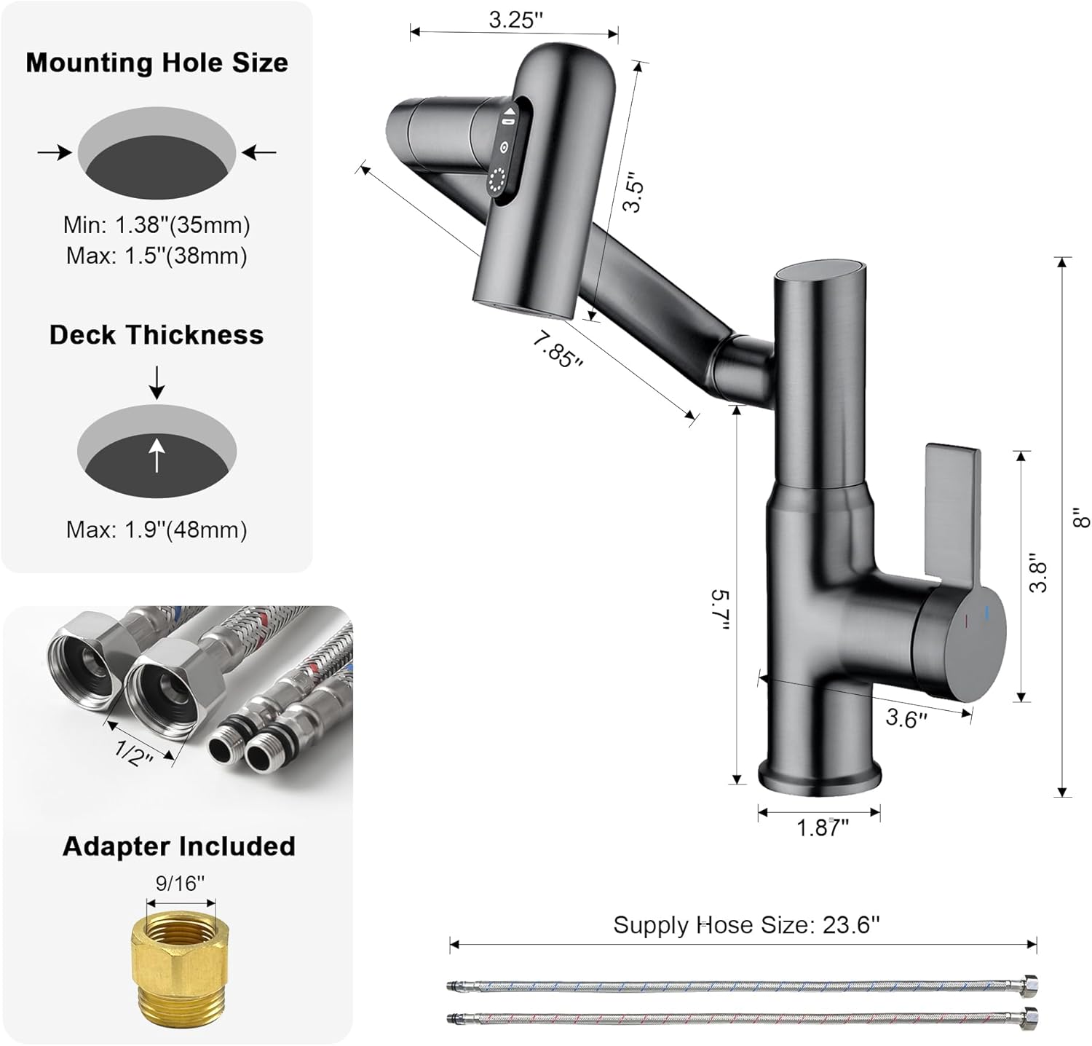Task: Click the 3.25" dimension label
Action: pyautogui.click(x=515, y=20)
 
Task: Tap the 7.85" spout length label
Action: pyautogui.click(x=558, y=349)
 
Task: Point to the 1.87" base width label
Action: pyautogui.click(x=823, y=828)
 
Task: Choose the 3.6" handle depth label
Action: pyautogui.click(x=906, y=718)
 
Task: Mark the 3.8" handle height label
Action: pyautogui.click(x=1038, y=576)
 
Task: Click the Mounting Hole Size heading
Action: pyautogui.click(x=157, y=63)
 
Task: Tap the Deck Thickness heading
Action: pyautogui.click(x=157, y=334)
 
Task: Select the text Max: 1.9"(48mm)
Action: pyautogui.click(x=157, y=530)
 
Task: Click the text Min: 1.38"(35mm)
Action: pyautogui.click(x=157, y=225)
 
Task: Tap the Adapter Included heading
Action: pyautogui.click(x=178, y=846)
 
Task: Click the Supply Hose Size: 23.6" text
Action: pyautogui.click(x=746, y=925)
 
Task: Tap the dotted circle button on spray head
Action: pyautogui.click(x=498, y=181)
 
